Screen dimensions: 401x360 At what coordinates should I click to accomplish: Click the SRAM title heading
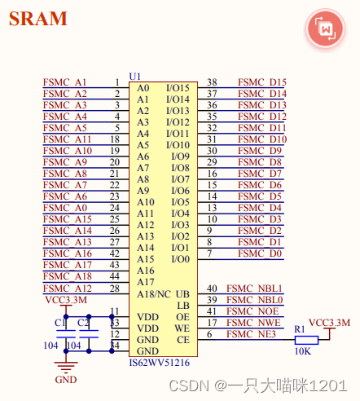click(38, 19)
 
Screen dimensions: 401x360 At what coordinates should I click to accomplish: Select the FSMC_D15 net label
click(261, 82)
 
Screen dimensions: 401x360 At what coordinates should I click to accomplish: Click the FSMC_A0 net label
click(65, 208)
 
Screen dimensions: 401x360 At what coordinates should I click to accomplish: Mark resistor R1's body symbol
click(305, 340)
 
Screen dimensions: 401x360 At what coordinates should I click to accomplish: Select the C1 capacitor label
click(59, 324)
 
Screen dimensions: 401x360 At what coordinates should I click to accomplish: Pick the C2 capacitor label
click(82, 324)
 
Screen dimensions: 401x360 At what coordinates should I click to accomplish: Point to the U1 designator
click(134, 75)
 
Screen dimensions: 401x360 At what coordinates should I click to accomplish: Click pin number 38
click(212, 82)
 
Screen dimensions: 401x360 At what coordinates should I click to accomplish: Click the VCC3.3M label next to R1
click(329, 324)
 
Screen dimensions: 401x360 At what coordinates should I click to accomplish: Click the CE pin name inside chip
click(183, 339)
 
